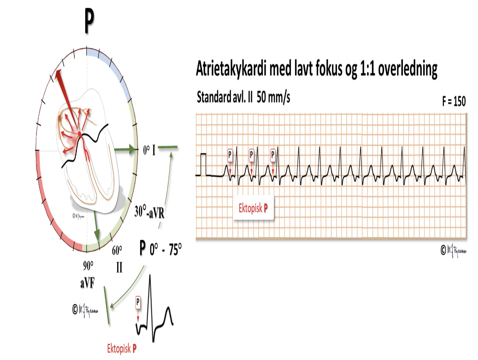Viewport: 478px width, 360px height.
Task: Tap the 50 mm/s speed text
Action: (273, 98)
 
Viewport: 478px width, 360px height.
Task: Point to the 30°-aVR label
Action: (149, 213)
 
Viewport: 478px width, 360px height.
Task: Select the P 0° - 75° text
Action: (160, 249)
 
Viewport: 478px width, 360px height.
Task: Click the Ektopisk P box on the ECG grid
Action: (254, 209)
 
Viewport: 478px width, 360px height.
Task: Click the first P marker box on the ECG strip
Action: (230, 155)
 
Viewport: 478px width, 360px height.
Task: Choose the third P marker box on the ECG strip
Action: (273, 155)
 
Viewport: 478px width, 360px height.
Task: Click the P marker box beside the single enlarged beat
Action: (138, 302)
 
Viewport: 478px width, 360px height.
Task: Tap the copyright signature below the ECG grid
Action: (454, 250)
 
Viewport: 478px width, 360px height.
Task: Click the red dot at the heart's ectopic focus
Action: (80, 134)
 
